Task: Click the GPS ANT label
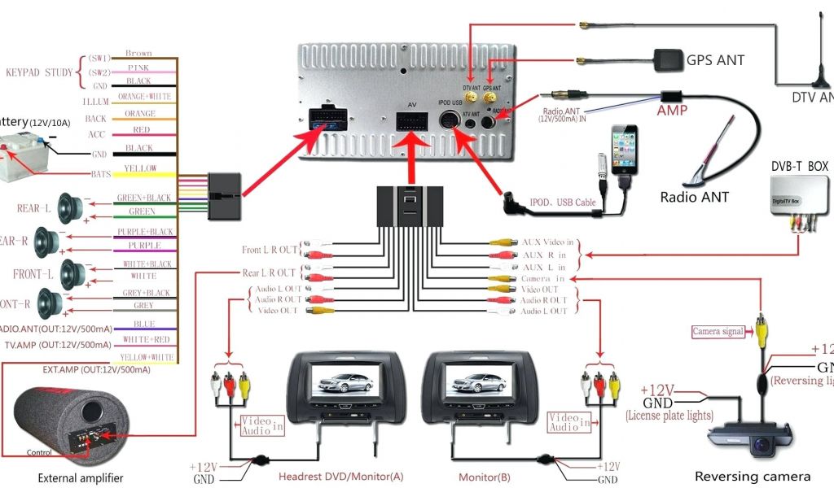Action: coord(715,60)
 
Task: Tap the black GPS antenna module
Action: coord(666,59)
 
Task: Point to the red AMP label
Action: coord(672,110)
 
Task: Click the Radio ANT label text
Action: coord(694,197)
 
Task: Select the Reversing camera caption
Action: coord(752,477)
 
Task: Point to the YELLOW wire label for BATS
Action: coord(139,168)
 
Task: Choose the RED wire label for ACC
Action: coord(139,129)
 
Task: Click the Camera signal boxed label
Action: coord(718,332)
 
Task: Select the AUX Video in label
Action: coord(548,242)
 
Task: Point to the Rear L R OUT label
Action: coord(268,273)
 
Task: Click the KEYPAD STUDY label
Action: coord(40,72)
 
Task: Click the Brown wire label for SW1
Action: coord(138,54)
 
